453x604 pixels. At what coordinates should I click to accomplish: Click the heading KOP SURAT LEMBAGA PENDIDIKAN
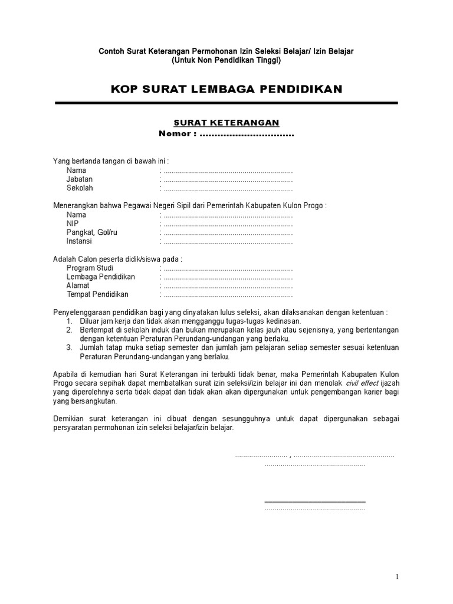pyautogui.click(x=226, y=89)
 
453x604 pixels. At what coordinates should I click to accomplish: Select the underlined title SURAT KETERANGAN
pyautogui.click(x=226, y=123)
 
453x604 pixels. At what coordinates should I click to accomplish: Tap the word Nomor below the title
pyautogui.click(x=175, y=134)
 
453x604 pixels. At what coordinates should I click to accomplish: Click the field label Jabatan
pyautogui.click(x=80, y=179)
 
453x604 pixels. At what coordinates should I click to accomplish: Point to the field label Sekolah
pyautogui.click(x=80, y=188)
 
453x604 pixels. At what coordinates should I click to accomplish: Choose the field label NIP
pyautogui.click(x=73, y=224)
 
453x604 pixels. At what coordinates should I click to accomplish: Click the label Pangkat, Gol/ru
pyautogui.click(x=92, y=232)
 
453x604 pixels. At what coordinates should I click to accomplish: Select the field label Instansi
pyautogui.click(x=80, y=241)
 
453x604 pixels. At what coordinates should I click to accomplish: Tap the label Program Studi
pyautogui.click(x=90, y=268)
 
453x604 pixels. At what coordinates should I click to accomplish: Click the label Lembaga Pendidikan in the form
pyautogui.click(x=101, y=277)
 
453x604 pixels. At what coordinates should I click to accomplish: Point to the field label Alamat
pyautogui.click(x=78, y=285)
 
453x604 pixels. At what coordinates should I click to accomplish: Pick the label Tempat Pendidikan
pyautogui.click(x=97, y=294)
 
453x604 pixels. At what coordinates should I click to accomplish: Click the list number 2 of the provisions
pyautogui.click(x=69, y=330)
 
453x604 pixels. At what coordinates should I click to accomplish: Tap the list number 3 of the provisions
pyautogui.click(x=69, y=348)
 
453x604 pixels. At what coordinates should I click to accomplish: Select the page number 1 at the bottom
pyautogui.click(x=398, y=577)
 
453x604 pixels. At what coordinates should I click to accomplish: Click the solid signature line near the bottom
pyautogui.click(x=315, y=502)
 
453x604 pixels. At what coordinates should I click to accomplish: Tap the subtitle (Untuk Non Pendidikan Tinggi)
pyautogui.click(x=226, y=60)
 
